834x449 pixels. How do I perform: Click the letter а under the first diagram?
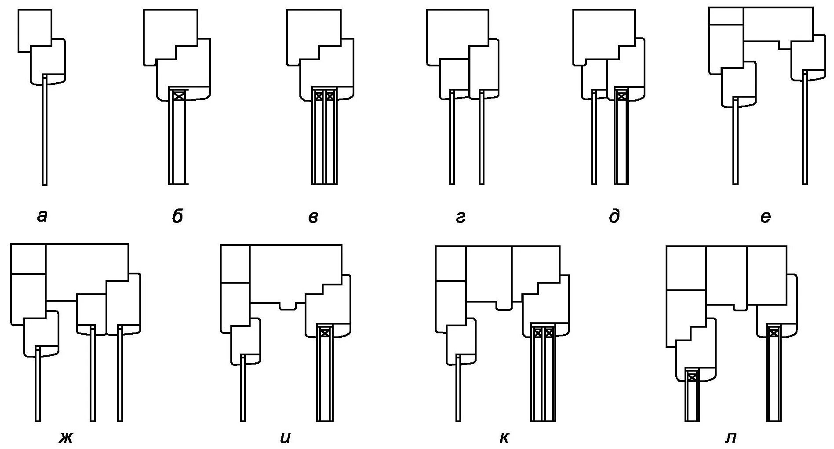(x=42, y=216)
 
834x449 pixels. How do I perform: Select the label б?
(x=177, y=216)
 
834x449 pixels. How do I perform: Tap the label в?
(x=313, y=217)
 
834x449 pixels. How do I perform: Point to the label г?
(x=460, y=217)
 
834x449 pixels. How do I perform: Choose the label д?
(x=614, y=216)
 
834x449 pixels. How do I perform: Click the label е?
(x=765, y=217)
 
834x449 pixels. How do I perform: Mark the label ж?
(x=66, y=438)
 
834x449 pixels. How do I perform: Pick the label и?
(x=285, y=438)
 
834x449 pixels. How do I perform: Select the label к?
(x=504, y=438)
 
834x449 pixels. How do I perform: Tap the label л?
(x=730, y=438)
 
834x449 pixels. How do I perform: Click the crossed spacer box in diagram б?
(x=178, y=95)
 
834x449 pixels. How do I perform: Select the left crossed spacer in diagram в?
(x=319, y=95)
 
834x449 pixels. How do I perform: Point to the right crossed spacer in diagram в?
(x=330, y=95)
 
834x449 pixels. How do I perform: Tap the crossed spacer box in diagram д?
(x=621, y=95)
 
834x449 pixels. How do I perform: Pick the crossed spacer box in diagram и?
(x=324, y=332)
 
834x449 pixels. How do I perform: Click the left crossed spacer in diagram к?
(x=537, y=332)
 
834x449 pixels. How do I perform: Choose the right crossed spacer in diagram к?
(x=549, y=332)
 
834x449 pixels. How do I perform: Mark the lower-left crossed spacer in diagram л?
(x=692, y=377)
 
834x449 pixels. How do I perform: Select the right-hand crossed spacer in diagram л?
(x=774, y=333)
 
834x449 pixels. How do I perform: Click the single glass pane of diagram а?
(x=44, y=132)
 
